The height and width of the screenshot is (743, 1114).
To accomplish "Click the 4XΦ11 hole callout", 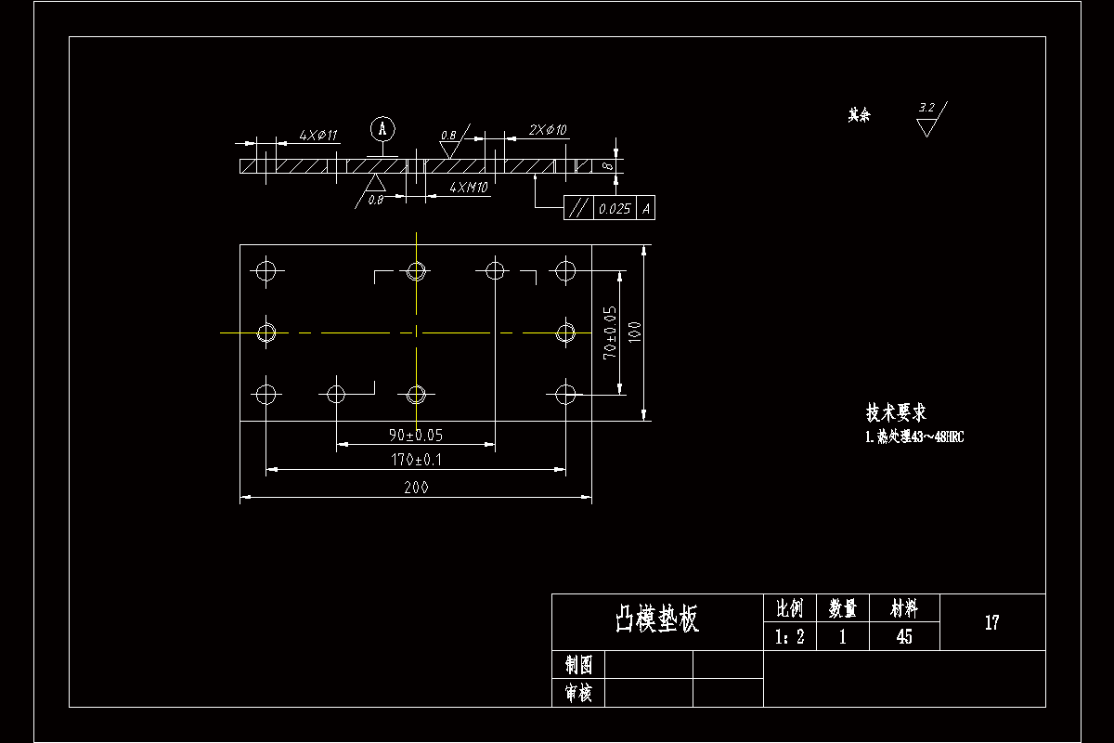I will (x=318, y=136).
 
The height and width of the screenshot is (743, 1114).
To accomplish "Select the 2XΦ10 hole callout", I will (x=548, y=130).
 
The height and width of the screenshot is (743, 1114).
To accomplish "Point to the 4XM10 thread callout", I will (x=469, y=188).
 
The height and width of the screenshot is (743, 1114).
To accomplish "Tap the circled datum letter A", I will (x=382, y=127).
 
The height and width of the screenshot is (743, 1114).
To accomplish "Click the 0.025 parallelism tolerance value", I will (x=615, y=209).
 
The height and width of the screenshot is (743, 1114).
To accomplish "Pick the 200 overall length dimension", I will (x=416, y=488).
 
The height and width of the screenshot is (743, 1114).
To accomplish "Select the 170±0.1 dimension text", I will (x=416, y=459).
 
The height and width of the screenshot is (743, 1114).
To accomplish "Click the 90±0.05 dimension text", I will (x=416, y=435).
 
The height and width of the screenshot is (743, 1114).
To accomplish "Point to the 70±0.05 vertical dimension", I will (x=610, y=332).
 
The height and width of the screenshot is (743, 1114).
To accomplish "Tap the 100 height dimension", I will (x=635, y=332).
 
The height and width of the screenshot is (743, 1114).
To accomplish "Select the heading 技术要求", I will (x=896, y=412).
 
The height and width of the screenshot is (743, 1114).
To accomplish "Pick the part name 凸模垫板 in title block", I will (x=657, y=619).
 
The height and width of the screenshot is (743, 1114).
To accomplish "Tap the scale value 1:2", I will (x=789, y=637).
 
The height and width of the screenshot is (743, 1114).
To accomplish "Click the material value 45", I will (x=904, y=637).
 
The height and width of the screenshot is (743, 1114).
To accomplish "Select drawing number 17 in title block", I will (x=991, y=622).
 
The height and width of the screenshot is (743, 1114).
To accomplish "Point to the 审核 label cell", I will (x=578, y=693).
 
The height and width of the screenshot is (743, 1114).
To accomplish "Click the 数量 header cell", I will (x=843, y=608).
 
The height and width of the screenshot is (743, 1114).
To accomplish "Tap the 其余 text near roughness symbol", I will (x=860, y=116).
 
